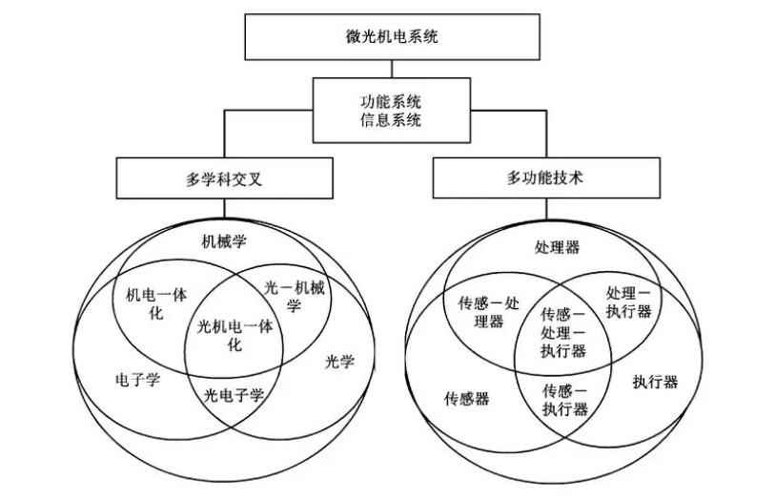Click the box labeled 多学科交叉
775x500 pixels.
225,177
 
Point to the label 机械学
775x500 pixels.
225,240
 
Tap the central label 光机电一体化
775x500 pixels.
234,335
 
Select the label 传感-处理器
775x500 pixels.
489,313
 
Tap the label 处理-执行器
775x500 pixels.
629,302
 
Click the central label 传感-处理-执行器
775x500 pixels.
563,331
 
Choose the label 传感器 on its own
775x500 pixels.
466,398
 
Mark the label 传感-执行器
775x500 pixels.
564,400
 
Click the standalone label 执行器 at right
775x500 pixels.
655,382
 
